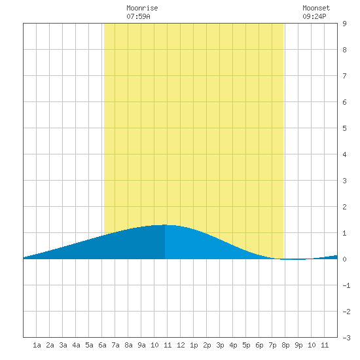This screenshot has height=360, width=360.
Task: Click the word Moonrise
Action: pos(142,8)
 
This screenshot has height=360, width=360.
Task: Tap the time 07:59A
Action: pos(138,16)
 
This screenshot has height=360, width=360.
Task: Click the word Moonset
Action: pos(316,8)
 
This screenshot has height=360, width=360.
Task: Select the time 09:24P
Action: pos(314,16)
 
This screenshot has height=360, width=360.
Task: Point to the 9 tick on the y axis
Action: pos(344,24)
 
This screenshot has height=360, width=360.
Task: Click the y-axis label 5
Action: pos(344,128)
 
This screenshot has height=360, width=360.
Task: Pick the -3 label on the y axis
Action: pos(346,338)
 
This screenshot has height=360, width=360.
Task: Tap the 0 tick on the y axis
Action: pos(344,259)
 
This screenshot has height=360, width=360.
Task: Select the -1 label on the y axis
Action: pos(346,285)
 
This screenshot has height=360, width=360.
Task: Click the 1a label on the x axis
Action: pos(37,345)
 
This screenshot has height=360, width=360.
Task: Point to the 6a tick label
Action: pos(102,345)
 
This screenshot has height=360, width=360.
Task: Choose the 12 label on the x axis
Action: pos(181,345)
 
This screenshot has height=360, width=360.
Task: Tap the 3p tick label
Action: pos(220,345)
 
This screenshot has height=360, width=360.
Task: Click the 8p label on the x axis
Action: pos(285,345)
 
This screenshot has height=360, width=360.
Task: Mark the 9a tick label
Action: pos(141,345)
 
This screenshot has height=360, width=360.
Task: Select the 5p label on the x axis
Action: pos(246,345)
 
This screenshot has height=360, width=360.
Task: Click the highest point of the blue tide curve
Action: pos(164,225)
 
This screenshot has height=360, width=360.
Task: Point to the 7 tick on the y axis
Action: pos(344,76)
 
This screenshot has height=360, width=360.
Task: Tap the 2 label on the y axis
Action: pos(344,207)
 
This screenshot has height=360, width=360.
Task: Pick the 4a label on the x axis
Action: pos(76,345)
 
